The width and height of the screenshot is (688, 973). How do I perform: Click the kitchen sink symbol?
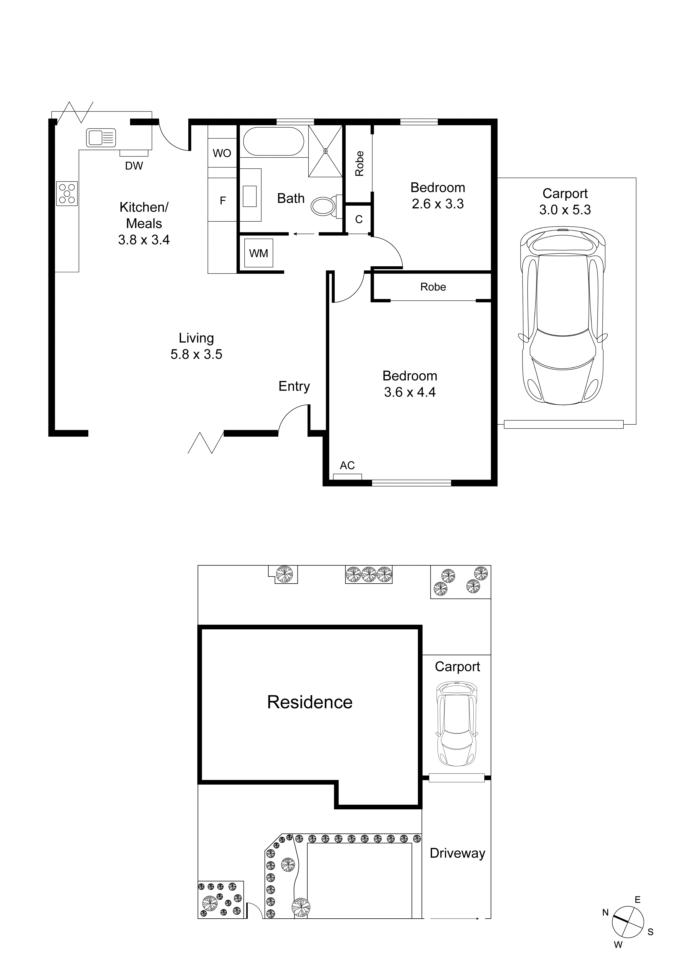[101, 138]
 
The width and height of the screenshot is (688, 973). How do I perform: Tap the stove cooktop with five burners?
[67, 194]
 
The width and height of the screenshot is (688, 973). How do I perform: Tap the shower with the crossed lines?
[325, 151]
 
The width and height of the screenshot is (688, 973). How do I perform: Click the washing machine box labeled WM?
[258, 254]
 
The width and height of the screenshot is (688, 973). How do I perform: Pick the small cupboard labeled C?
[359, 219]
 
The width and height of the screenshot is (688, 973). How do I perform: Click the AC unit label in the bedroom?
[347, 466]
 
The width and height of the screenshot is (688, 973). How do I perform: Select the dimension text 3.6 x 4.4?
[410, 392]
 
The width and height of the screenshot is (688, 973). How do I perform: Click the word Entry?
[294, 386]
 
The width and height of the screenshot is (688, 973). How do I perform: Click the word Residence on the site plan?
[310, 703]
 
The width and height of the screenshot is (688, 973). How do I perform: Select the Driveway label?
[457, 853]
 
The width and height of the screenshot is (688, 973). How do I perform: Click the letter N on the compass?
[605, 913]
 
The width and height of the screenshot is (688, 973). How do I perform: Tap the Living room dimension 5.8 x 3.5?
[196, 354]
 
